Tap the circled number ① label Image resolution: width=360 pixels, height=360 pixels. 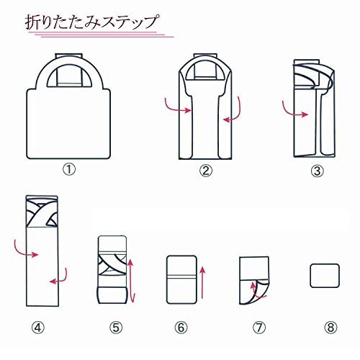(69, 171)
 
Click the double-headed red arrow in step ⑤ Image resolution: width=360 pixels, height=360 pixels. (131, 281)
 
